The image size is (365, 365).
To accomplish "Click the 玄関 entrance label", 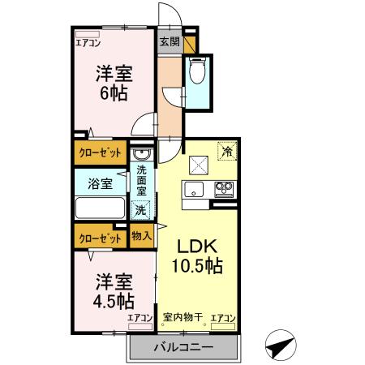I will point(169,41).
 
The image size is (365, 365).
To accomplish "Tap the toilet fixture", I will point(196,74).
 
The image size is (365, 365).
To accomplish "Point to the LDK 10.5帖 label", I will point(197,256).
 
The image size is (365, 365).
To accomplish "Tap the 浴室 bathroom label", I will point(101,184).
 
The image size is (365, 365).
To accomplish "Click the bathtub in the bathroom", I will point(101,207).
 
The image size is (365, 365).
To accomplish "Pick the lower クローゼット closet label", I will point(101,238).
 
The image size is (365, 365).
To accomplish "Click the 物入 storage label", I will point(141,237).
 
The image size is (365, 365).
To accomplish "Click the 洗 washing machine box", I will point(140,209).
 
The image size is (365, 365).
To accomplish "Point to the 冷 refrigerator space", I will point(228,152).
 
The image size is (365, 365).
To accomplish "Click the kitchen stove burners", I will point(223,190).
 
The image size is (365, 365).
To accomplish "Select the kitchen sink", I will point(195,190).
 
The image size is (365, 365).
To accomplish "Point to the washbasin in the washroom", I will point(140,154).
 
